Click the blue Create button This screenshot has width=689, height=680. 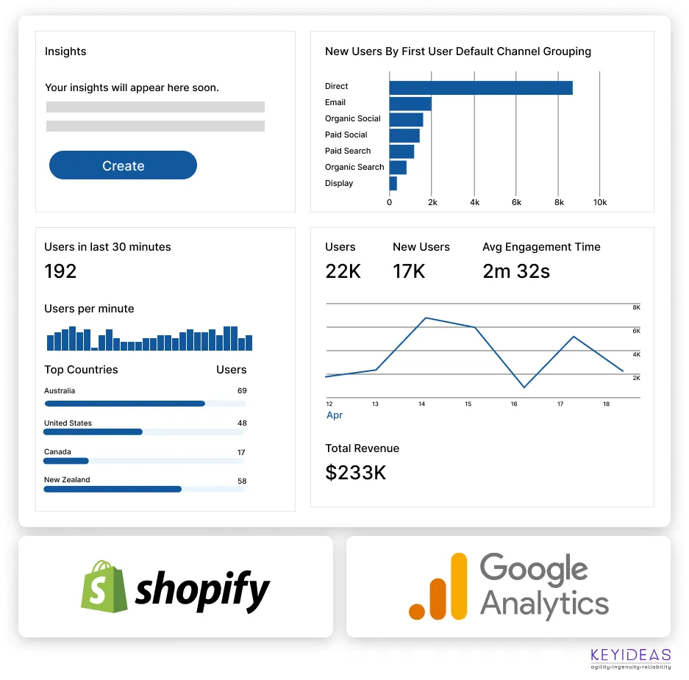[123, 165]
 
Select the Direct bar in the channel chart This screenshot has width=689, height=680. [480, 87]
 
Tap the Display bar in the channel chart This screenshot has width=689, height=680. [393, 183]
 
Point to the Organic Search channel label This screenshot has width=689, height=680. [354, 167]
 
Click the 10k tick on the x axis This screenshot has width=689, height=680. [600, 202]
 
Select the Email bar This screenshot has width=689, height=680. [410, 104]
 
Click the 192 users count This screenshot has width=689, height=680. [60, 271]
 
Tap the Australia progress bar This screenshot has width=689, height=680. [125, 404]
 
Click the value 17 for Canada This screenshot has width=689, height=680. [241, 452]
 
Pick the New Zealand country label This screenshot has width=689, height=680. [67, 479]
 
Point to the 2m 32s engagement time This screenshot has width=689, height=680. [516, 271]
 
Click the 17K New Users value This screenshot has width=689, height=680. [409, 271]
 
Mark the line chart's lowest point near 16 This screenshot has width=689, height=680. [524, 387]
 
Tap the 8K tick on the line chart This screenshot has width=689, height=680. [636, 307]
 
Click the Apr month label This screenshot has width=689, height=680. [335, 415]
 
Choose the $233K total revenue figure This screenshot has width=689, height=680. [355, 472]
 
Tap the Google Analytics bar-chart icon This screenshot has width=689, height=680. [439, 587]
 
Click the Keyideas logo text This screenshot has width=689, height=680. [630, 655]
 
